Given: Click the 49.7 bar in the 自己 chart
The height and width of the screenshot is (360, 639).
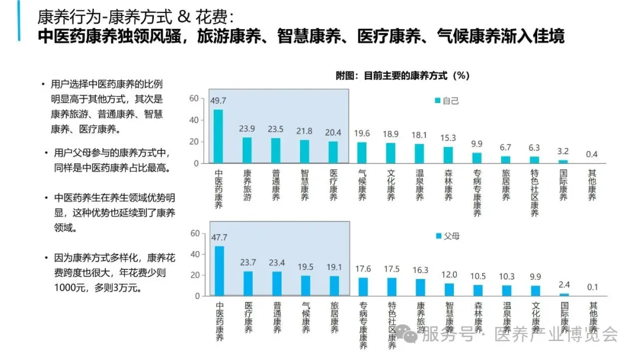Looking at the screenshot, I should pos(218,136).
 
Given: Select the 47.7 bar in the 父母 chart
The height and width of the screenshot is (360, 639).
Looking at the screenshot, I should pos(219,271).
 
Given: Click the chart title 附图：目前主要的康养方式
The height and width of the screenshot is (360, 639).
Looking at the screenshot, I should pos(402,76).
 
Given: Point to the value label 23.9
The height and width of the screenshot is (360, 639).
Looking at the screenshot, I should pos(247,129).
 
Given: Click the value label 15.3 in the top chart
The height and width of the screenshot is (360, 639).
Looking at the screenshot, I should pos(448,138).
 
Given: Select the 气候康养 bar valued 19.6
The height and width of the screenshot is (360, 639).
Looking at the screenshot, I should pos(362,153).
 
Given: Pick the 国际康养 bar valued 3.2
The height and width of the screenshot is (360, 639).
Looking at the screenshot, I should pos(563,161).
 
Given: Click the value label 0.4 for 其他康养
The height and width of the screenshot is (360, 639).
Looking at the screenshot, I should pos(592,154).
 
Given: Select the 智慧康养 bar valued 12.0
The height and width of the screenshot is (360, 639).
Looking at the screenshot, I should pos(449,289).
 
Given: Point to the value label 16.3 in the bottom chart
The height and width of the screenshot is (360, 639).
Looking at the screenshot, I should pos(420,270).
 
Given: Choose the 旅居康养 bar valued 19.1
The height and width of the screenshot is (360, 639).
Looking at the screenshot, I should pos(334,285).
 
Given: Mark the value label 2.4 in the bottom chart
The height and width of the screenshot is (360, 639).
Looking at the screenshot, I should pos(564,285).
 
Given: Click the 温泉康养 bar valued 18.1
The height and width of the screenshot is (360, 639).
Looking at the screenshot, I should pos(419,153).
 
